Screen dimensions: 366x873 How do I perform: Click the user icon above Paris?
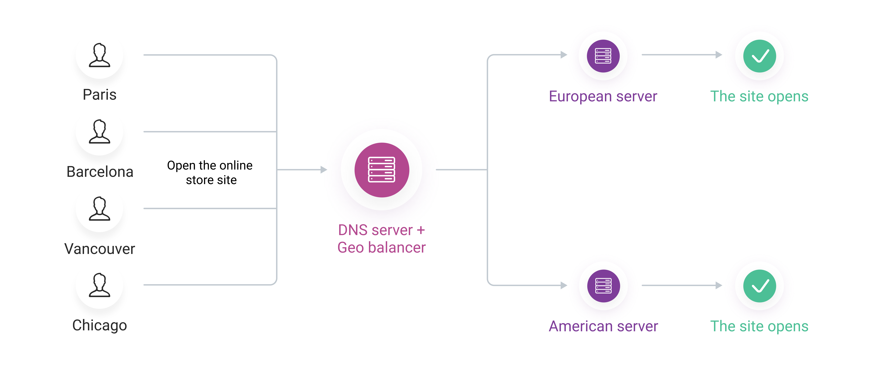(x=99, y=55)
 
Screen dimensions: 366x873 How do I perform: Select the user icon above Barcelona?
(x=99, y=132)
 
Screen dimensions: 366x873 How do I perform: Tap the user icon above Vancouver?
(x=99, y=209)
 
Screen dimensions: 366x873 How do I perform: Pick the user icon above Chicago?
(x=99, y=285)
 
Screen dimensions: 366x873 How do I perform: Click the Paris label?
(x=99, y=95)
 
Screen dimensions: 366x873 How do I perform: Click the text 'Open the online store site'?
(x=210, y=172)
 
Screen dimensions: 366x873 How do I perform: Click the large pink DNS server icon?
(x=382, y=170)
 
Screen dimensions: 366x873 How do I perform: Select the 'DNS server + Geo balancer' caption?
(x=382, y=239)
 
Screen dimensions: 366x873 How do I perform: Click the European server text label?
(x=603, y=96)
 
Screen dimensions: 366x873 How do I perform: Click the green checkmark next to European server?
(x=760, y=56)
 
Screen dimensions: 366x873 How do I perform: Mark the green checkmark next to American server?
(x=760, y=286)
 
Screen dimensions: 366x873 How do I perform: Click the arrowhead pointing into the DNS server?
(x=324, y=169)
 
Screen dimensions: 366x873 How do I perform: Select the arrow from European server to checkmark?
(x=681, y=55)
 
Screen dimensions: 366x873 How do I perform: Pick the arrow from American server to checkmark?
(x=681, y=285)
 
